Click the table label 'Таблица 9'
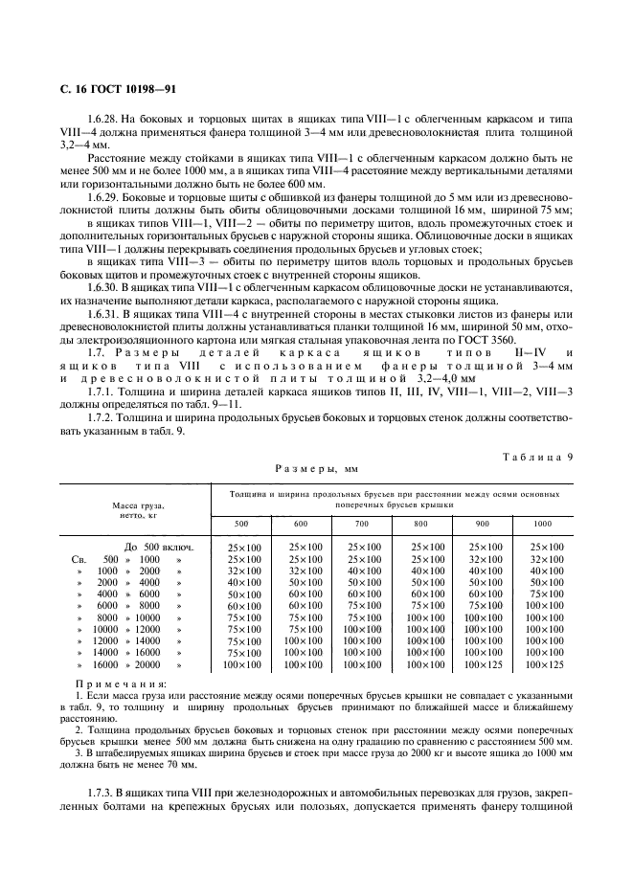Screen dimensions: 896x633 click(x=536, y=456)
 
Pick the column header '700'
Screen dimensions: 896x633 click(x=362, y=524)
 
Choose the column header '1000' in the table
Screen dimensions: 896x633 click(x=543, y=524)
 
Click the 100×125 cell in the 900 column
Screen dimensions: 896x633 click(x=483, y=664)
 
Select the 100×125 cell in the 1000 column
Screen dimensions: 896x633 click(x=543, y=664)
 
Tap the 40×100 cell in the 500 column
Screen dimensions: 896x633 click(x=242, y=582)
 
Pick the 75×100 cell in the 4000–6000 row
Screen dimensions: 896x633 click(x=543, y=594)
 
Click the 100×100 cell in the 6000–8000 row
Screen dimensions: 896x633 click(x=543, y=605)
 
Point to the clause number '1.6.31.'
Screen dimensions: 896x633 click(x=104, y=314)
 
